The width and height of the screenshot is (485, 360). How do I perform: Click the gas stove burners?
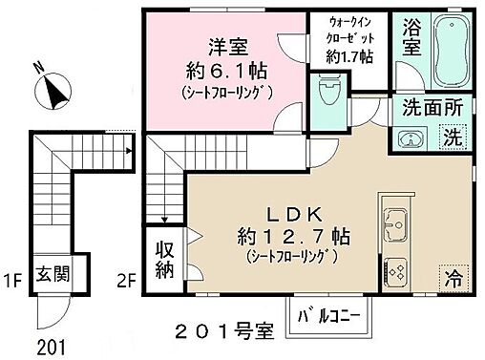coord(395,271)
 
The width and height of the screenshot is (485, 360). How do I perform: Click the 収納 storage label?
coord(164,257)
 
